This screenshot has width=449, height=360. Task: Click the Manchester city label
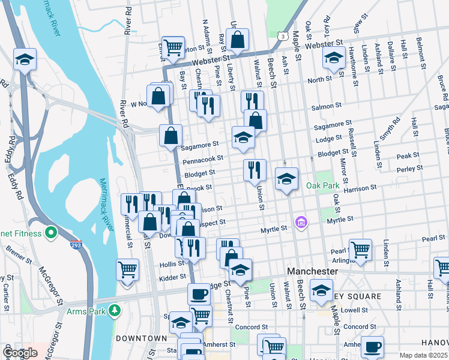click(312, 271)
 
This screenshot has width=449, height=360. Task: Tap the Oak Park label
click(323, 185)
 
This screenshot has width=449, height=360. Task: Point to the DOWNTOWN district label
click(141, 338)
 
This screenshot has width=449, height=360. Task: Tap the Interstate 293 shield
click(76, 245)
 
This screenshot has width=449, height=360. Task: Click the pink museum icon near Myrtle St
click(301, 223)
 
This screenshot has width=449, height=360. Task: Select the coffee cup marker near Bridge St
click(199, 294)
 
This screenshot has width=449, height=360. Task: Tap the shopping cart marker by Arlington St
click(360, 249)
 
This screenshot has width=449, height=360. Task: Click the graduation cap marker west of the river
click(25, 59)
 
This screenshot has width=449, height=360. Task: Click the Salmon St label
click(327, 106)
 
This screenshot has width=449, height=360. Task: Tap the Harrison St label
click(360, 187)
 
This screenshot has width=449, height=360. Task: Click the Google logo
click(20, 353)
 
